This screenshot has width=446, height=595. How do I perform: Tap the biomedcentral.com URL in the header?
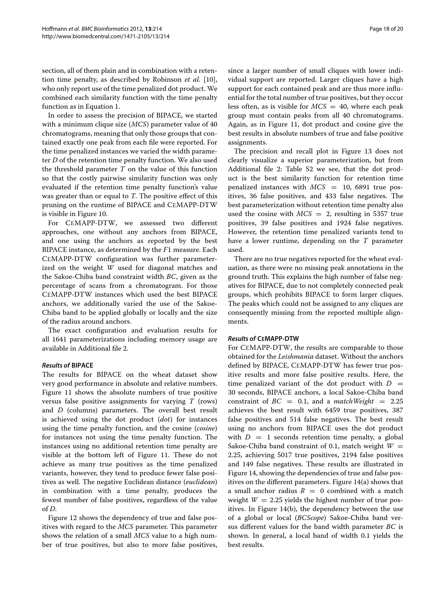(106, 36)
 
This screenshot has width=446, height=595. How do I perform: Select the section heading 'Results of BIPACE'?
(67, 365)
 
